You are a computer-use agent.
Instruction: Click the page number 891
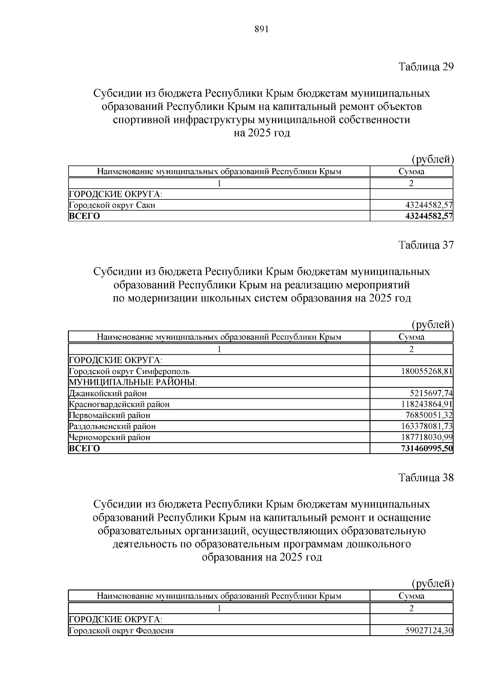pos(262,29)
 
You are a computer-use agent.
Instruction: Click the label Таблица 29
pos(426,67)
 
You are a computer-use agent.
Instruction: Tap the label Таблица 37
pos(426,245)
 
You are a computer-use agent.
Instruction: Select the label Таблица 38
pos(426,478)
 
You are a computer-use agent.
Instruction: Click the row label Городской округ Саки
pos(112,205)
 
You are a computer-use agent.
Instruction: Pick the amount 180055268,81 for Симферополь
pos(425,371)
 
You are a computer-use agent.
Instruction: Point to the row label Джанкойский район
pos(108,393)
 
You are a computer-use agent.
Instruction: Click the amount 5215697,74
pos(431,393)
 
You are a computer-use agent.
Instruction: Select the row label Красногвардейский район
pos(119,404)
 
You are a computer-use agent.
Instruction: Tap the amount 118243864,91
pos(425,404)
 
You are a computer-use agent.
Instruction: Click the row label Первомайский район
pos(110,415)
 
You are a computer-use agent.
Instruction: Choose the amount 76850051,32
pos(428,415)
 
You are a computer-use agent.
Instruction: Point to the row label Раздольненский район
pos(112,426)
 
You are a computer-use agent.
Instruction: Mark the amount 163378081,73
pos(425,426)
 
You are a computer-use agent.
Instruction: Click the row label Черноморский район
pos(110,437)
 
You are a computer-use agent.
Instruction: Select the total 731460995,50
pos(427,449)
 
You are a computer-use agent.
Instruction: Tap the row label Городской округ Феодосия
pos(121,631)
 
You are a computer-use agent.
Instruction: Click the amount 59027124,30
pos(428,631)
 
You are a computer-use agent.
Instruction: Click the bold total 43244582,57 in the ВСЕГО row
pos(429,216)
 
